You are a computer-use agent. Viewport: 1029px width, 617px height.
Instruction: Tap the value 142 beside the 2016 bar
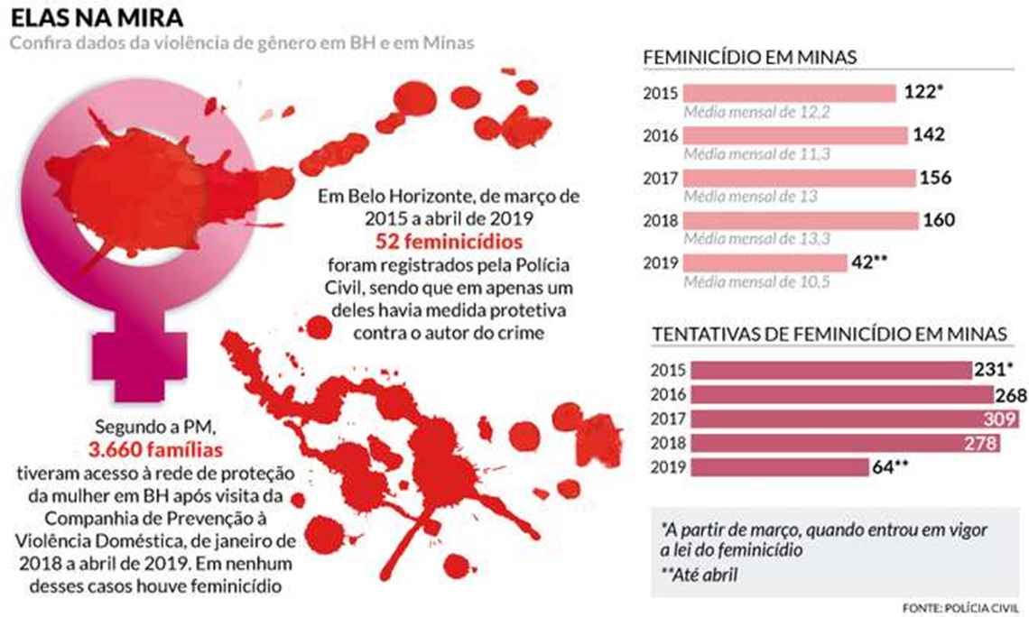point(929,135)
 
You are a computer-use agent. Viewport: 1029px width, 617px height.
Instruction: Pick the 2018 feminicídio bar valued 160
point(800,220)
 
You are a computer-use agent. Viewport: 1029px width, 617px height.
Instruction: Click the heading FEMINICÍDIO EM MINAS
point(749,59)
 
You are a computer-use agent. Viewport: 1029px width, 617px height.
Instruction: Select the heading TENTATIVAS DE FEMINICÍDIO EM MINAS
point(830,334)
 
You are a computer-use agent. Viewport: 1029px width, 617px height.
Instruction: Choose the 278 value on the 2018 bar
point(980,443)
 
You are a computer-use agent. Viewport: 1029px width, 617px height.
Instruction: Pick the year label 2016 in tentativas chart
point(668,394)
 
